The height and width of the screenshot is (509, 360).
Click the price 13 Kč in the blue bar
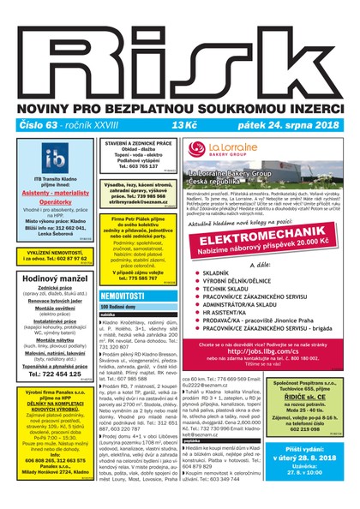(183, 125)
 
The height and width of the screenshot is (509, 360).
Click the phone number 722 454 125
(50, 374)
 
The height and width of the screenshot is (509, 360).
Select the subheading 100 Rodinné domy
(119, 306)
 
